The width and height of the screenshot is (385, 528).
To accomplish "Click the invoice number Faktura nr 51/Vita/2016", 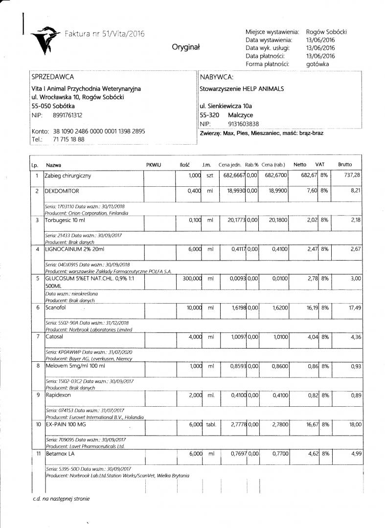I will click(x=105, y=34).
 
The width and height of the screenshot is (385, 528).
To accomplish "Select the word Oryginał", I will click(x=186, y=47).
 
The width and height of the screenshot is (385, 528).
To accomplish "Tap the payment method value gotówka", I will click(x=317, y=64).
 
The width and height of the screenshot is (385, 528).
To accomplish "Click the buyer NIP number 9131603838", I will click(x=244, y=124).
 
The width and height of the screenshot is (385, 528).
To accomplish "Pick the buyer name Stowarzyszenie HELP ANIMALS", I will click(x=242, y=89).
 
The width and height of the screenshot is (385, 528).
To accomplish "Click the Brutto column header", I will click(x=344, y=165).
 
